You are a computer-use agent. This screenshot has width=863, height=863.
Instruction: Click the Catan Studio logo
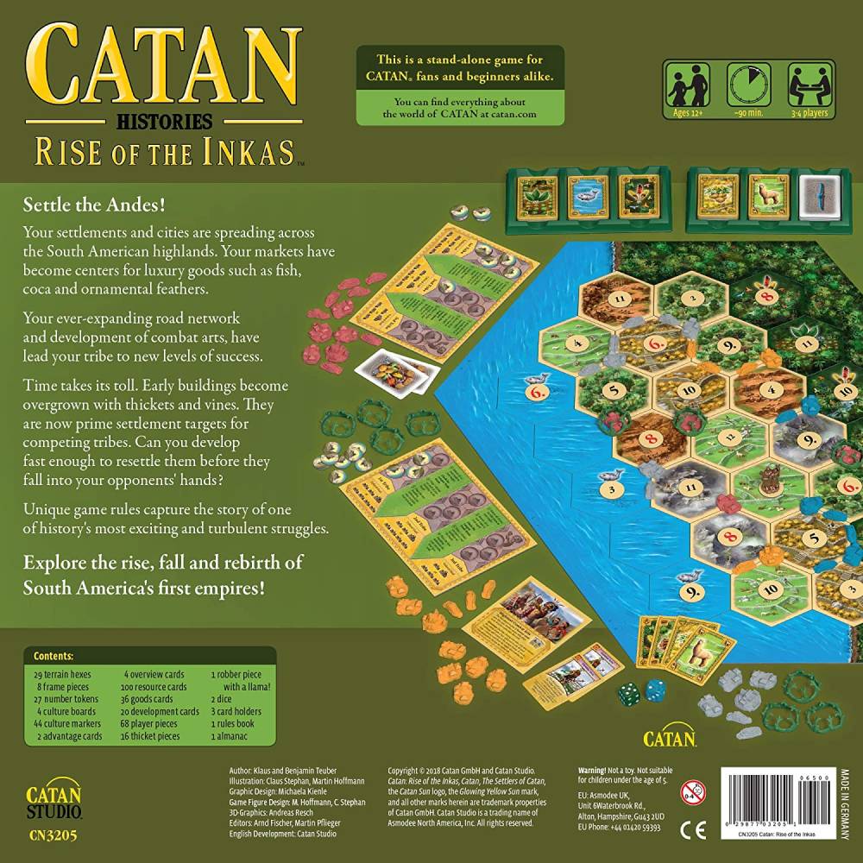click(53, 799)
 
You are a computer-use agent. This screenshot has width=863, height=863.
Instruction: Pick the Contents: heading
click(53, 656)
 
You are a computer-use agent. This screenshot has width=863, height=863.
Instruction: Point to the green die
click(629, 693)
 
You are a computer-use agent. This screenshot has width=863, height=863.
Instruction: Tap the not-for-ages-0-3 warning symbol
click(690, 792)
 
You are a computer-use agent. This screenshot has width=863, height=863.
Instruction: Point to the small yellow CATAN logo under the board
click(671, 739)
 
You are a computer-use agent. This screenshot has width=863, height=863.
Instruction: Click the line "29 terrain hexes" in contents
click(62, 673)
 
